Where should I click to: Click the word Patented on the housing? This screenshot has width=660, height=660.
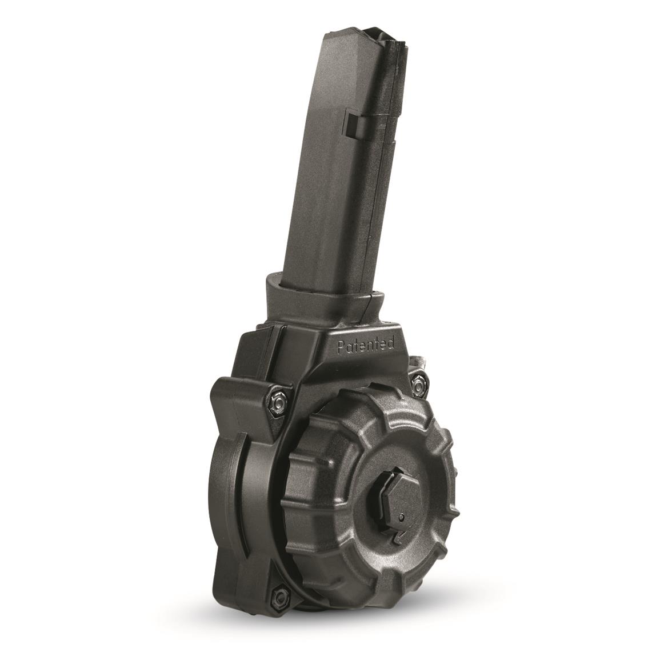tap(366, 345)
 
